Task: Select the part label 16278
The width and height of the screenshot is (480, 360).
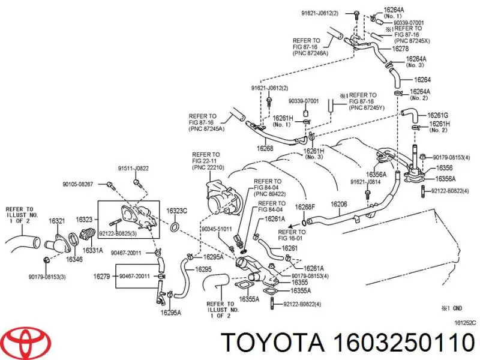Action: click(401, 48)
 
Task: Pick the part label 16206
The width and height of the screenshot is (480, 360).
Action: click(339, 205)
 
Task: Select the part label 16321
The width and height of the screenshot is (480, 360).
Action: click(57, 221)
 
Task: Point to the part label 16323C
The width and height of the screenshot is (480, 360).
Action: click(177, 211)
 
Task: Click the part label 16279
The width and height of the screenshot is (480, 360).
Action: click(101, 277)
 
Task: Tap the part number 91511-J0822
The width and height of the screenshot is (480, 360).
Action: click(133, 169)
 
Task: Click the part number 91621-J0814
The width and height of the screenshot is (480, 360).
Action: click(366, 181)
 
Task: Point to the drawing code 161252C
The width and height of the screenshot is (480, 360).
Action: click(466, 322)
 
